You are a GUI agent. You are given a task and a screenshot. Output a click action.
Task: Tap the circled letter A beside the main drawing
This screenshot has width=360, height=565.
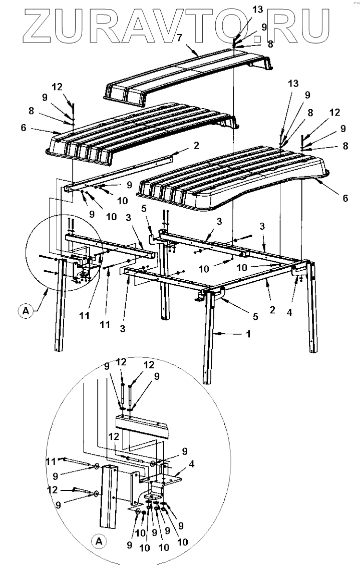tap(24, 311)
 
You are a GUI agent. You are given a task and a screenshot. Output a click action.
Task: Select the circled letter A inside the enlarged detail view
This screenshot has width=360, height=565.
tap(98, 540)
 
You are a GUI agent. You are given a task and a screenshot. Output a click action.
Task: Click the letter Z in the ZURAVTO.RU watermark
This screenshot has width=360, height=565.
tap(34, 24)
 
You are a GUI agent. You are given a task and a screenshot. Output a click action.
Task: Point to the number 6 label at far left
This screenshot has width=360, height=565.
tap(23, 129)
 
